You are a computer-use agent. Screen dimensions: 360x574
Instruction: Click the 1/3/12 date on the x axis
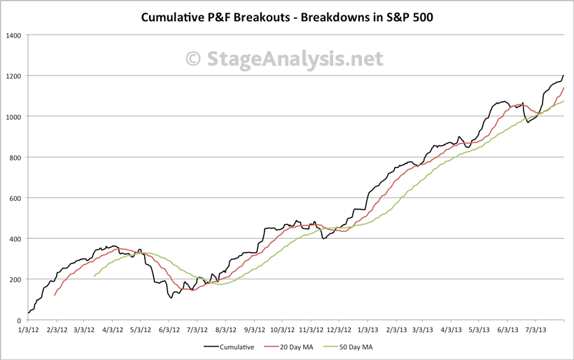(27, 328)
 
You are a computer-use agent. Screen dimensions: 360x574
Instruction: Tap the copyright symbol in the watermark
(194, 59)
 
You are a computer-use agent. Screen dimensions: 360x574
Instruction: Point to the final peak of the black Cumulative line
(563, 75)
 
